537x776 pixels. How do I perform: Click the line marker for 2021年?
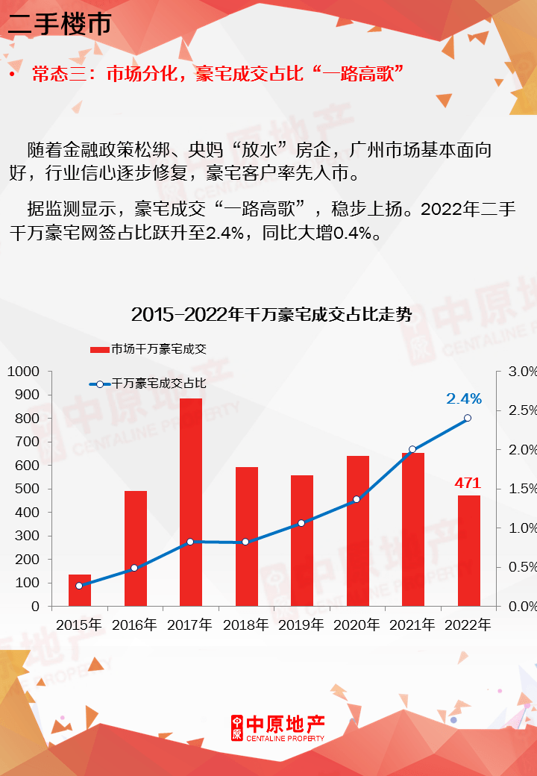click(412, 449)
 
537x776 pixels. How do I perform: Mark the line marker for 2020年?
click(357, 498)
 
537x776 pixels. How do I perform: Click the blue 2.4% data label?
click(464, 399)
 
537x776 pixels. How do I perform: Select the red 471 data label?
click(468, 483)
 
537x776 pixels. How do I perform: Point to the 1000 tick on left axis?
click(25, 372)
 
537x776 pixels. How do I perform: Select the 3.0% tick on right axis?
click(522, 372)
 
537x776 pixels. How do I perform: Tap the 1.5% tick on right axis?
click(522, 489)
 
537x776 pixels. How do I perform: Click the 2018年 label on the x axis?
click(246, 625)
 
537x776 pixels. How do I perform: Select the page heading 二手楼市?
click(59, 24)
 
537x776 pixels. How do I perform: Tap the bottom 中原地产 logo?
click(277, 727)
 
